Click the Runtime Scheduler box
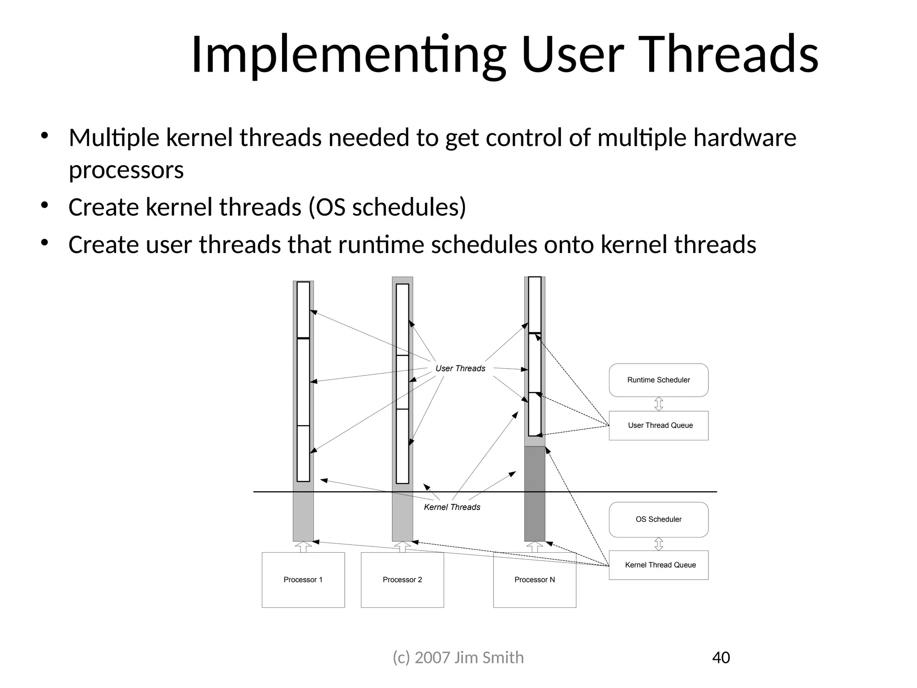coord(658,380)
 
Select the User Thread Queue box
coord(658,426)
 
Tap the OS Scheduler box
coord(658,519)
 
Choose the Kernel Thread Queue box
coord(658,565)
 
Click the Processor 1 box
coord(303,580)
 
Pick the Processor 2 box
coord(402,580)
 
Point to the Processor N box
coord(535,580)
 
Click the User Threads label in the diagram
coord(460,368)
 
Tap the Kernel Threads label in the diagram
coord(452,507)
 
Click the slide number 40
coord(721,658)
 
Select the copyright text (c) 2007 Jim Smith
coord(458,658)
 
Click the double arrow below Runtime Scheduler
coord(659,404)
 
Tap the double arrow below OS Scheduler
coord(659,544)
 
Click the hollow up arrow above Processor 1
coord(303,547)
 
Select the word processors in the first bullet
coord(126,170)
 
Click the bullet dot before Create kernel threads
coord(44,206)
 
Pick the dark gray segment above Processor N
coord(535,493)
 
